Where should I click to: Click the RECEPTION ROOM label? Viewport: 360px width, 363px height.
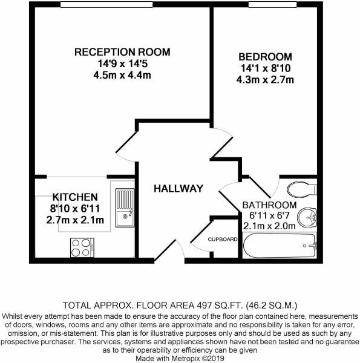click(x=122, y=51)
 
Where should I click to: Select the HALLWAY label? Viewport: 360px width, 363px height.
click(x=178, y=188)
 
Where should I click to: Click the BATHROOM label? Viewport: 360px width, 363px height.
click(x=269, y=204)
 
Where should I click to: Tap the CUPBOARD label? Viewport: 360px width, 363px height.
click(x=223, y=239)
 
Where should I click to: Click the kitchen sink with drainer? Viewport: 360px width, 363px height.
click(x=125, y=205)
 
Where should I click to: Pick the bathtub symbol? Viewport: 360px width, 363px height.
click(x=280, y=247)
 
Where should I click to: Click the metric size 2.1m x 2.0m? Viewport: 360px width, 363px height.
click(x=269, y=226)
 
